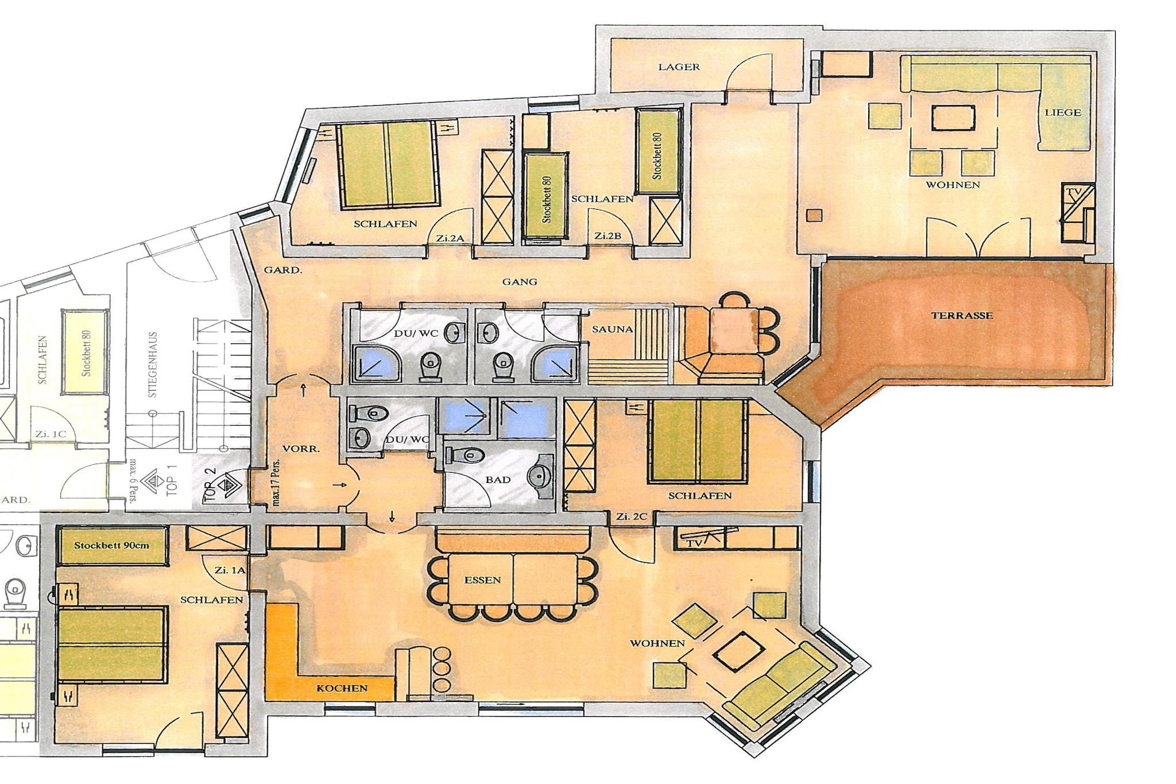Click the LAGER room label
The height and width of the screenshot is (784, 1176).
679,67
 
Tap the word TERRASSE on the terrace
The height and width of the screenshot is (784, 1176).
962,315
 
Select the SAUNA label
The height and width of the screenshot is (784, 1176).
612,329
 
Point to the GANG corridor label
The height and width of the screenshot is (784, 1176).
520,281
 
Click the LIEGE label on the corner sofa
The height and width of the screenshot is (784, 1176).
1063,113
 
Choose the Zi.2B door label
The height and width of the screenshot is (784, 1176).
608,235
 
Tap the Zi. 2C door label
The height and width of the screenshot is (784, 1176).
632,516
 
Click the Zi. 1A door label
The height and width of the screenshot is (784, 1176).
230,571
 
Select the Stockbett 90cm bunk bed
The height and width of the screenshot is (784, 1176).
113,545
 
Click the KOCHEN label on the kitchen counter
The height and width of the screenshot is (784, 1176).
342,688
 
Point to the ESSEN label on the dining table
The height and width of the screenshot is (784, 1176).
482,580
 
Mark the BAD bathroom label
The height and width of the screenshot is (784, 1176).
498,480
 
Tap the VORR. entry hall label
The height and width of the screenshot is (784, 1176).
301,449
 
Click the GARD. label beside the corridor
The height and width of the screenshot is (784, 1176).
283,269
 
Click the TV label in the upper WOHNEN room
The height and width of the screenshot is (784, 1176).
1073,193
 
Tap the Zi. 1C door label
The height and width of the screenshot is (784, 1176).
51,434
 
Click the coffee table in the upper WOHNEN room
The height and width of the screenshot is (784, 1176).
954,119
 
